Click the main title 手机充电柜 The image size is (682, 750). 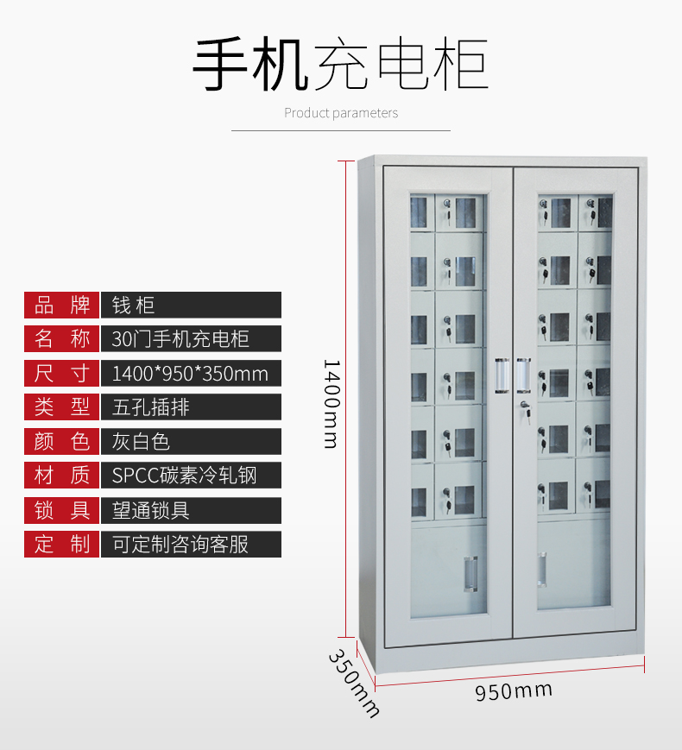pyautogui.click(x=340, y=66)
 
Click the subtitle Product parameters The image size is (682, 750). pyautogui.click(x=341, y=113)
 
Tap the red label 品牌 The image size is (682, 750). pyautogui.click(x=62, y=304)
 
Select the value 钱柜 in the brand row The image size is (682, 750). pyautogui.click(x=134, y=304)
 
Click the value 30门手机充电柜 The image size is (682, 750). pyautogui.click(x=180, y=338)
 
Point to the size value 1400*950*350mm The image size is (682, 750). pyautogui.click(x=190, y=373)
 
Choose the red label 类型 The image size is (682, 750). pyautogui.click(x=62, y=407)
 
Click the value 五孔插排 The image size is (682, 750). pyautogui.click(x=150, y=407)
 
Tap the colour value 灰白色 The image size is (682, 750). pyautogui.click(x=141, y=441)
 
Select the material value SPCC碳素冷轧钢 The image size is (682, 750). pyautogui.click(x=184, y=475)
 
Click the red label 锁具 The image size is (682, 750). pyautogui.click(x=62, y=509)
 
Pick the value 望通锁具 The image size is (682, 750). pyautogui.click(x=150, y=509)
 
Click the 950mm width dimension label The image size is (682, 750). pyautogui.click(x=514, y=690)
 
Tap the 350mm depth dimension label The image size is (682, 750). pyautogui.click(x=353, y=682)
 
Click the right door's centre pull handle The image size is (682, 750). pyautogui.click(x=523, y=376)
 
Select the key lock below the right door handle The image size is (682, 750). pyautogui.click(x=523, y=407)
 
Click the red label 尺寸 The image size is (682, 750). pyautogui.click(x=62, y=373)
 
